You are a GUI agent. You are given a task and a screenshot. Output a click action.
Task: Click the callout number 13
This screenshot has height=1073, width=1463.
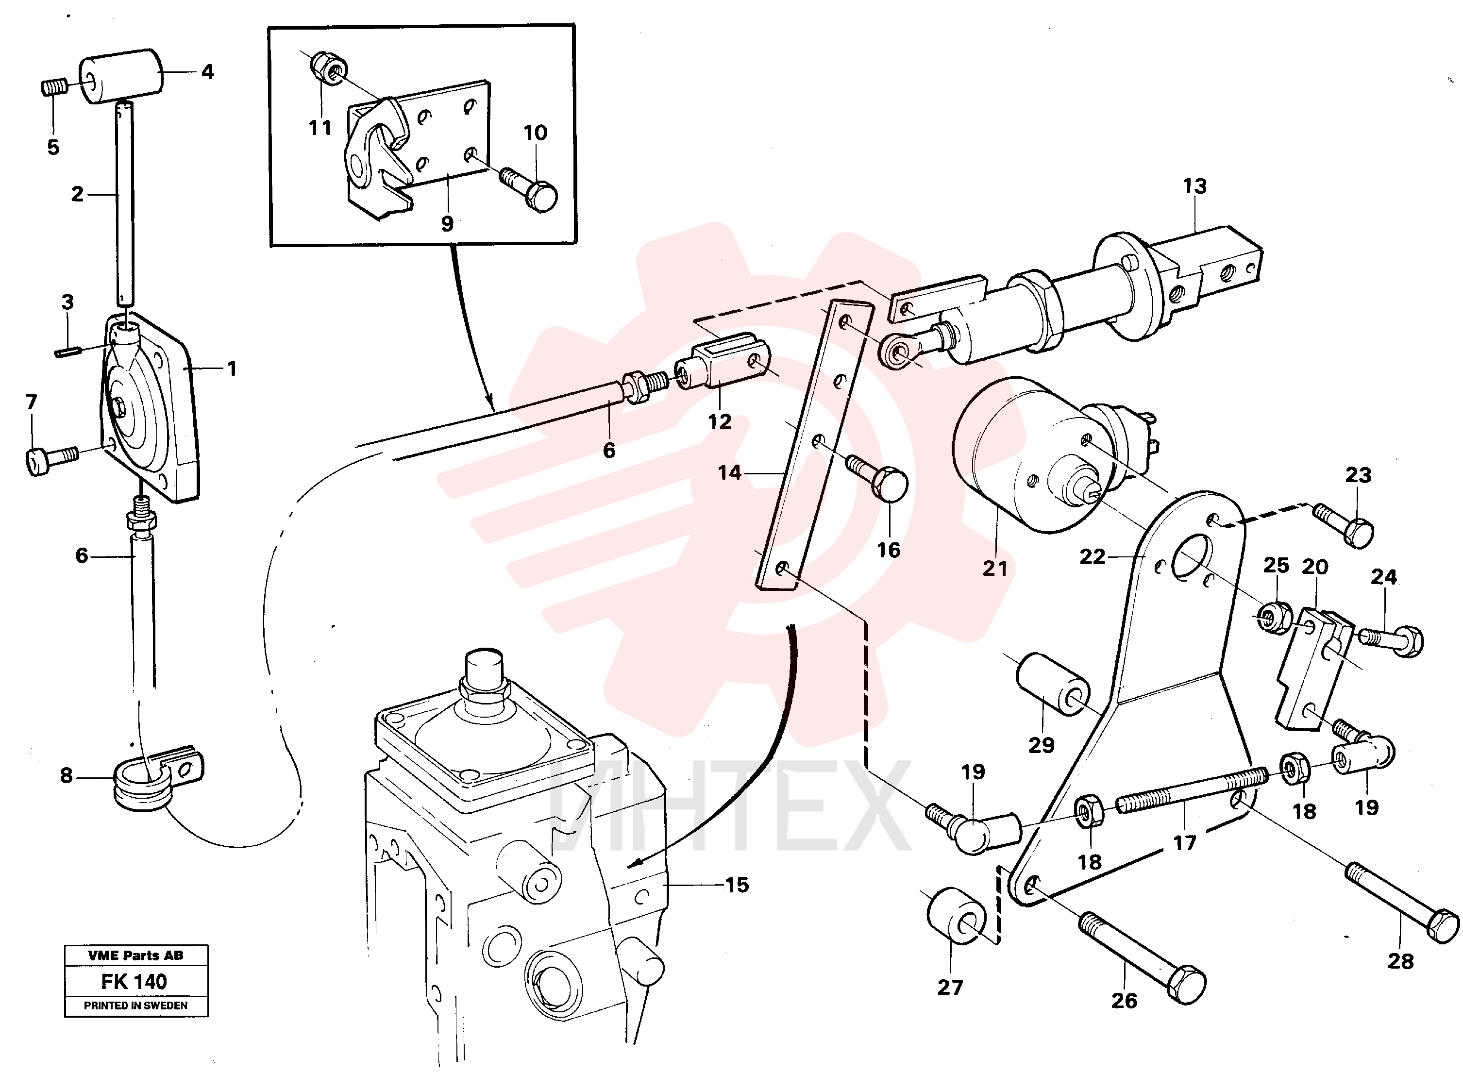tap(1194, 186)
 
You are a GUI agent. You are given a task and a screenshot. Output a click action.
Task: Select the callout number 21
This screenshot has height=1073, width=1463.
tap(994, 569)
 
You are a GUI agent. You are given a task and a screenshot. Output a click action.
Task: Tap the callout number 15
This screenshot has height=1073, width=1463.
tap(737, 885)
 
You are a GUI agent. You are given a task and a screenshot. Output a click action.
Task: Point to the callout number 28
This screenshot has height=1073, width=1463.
tap(1400, 962)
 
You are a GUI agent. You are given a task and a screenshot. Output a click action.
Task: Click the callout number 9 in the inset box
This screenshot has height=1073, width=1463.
tap(447, 223)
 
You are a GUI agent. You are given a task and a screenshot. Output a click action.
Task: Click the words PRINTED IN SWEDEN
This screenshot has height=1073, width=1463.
tap(136, 1006)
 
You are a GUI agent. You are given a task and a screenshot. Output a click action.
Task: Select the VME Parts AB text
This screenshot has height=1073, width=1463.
tap(136, 956)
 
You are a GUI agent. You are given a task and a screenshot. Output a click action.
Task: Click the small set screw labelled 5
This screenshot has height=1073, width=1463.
tap(54, 87)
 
